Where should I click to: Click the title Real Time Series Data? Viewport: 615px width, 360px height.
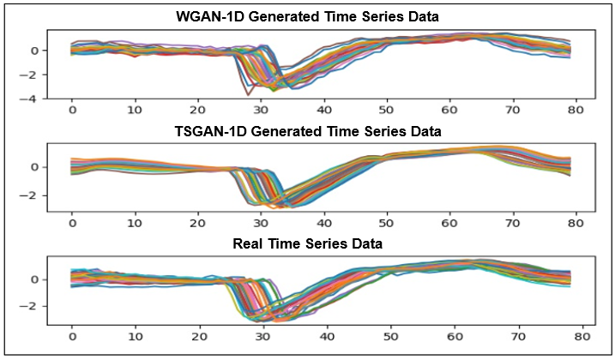(308, 244)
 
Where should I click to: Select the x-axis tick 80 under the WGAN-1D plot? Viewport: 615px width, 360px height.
(576, 111)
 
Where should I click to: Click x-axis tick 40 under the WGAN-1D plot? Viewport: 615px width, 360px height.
(324, 111)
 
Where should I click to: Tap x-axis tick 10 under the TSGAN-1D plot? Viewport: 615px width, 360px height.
(136, 223)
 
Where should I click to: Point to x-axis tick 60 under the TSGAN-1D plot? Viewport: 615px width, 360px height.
(449, 223)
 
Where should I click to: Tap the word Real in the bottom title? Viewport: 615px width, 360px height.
(249, 244)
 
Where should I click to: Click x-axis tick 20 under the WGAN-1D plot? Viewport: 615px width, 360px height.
(198, 111)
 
